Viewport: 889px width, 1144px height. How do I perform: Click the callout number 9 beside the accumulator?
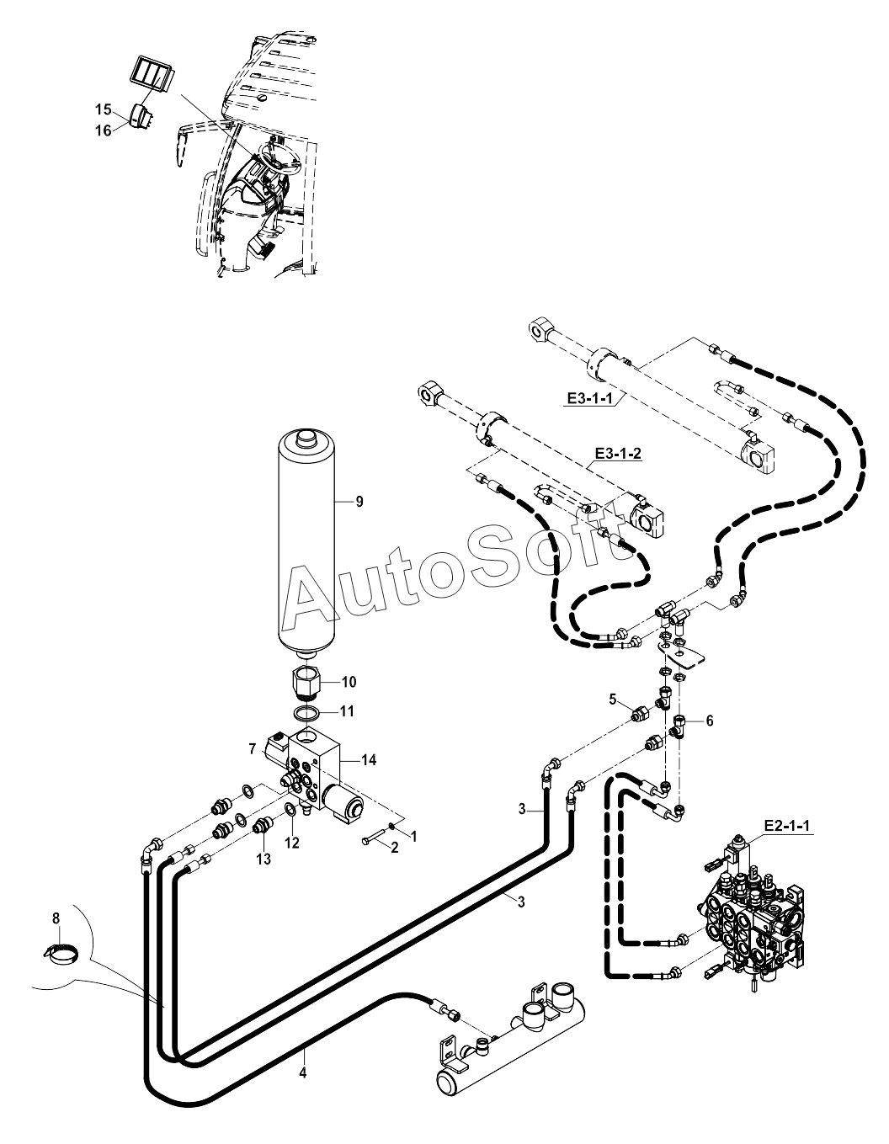tap(359, 502)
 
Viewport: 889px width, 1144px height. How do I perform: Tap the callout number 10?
tap(349, 681)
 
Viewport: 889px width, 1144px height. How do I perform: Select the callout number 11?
tap(347, 711)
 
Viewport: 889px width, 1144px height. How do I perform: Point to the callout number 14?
tap(369, 760)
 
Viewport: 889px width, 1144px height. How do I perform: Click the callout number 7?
tap(252, 748)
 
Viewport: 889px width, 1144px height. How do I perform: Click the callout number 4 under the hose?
tap(303, 1072)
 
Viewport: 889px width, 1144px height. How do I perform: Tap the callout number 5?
tap(614, 698)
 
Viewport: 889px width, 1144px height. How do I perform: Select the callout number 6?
tap(709, 721)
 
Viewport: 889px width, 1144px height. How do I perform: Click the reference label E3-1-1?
tap(588, 398)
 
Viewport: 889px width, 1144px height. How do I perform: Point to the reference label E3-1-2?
tap(617, 454)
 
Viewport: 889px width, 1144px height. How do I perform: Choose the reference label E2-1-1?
tap(786, 826)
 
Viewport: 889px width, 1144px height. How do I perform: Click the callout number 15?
tap(103, 109)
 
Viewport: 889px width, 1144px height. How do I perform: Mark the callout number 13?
tap(264, 859)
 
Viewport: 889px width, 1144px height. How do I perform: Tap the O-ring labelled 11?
tap(306, 714)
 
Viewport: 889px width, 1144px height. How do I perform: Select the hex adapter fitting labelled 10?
tap(306, 679)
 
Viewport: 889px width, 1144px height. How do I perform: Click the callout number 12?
tap(290, 841)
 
